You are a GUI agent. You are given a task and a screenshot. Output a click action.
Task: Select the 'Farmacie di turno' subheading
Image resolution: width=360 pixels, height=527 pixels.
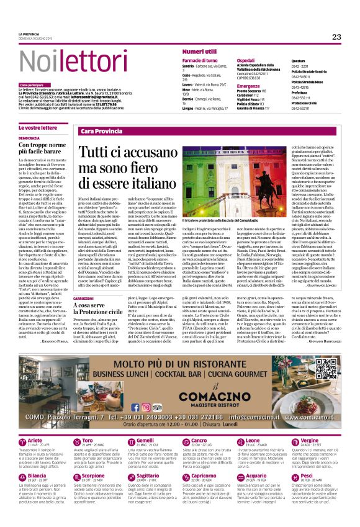click(199, 60)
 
